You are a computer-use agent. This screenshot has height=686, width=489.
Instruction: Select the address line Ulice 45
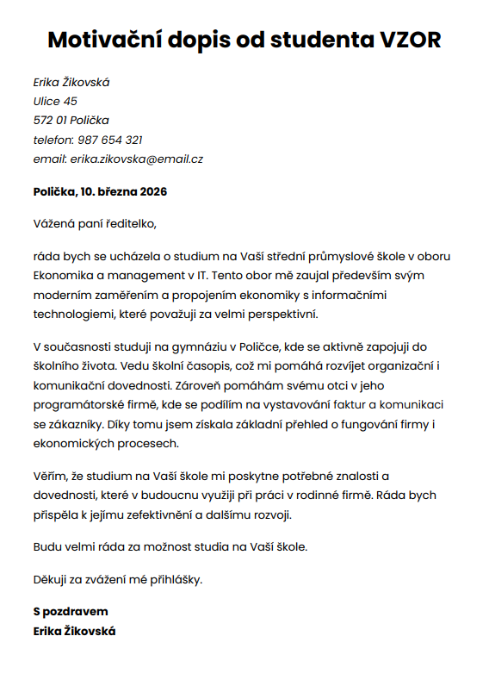tap(55, 102)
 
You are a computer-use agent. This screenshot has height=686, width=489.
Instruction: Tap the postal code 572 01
tap(50, 121)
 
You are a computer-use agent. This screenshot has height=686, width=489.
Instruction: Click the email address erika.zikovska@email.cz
tap(137, 159)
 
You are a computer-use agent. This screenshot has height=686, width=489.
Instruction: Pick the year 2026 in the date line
tap(152, 191)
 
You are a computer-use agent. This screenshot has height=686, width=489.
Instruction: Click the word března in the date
tap(115, 191)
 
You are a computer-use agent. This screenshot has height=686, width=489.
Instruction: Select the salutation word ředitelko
tap(131, 224)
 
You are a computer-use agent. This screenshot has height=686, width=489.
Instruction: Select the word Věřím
tap(50, 476)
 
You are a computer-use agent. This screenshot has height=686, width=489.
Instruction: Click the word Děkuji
tap(52, 579)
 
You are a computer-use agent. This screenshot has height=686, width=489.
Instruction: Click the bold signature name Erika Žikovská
tap(74, 631)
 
